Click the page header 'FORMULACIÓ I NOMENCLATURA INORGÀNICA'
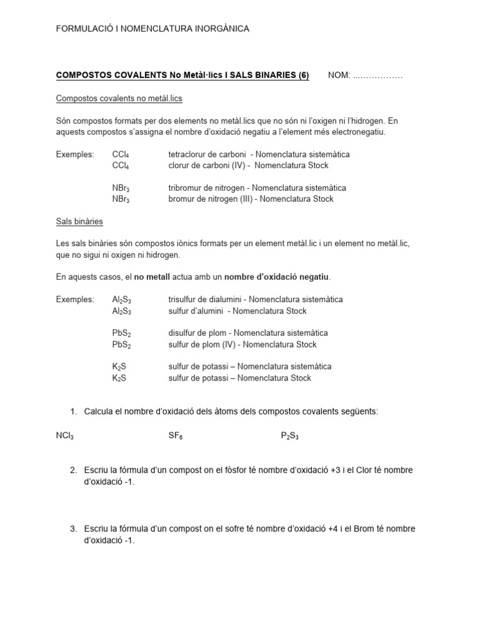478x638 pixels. click(x=152, y=29)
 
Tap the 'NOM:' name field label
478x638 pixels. click(x=339, y=75)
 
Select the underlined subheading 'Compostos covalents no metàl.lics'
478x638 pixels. click(x=119, y=98)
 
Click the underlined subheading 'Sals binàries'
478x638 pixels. click(x=80, y=221)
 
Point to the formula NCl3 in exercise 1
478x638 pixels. click(x=65, y=437)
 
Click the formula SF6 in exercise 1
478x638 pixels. click(x=175, y=437)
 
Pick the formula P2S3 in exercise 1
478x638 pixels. click(x=289, y=437)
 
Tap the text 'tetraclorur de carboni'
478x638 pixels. click(x=207, y=154)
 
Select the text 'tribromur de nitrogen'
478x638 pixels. click(x=206, y=188)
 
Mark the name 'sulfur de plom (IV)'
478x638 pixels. click(x=204, y=345)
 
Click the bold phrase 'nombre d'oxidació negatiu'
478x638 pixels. click(x=276, y=277)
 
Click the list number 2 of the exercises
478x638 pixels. click(x=73, y=470)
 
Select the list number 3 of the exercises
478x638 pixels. click(x=73, y=529)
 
